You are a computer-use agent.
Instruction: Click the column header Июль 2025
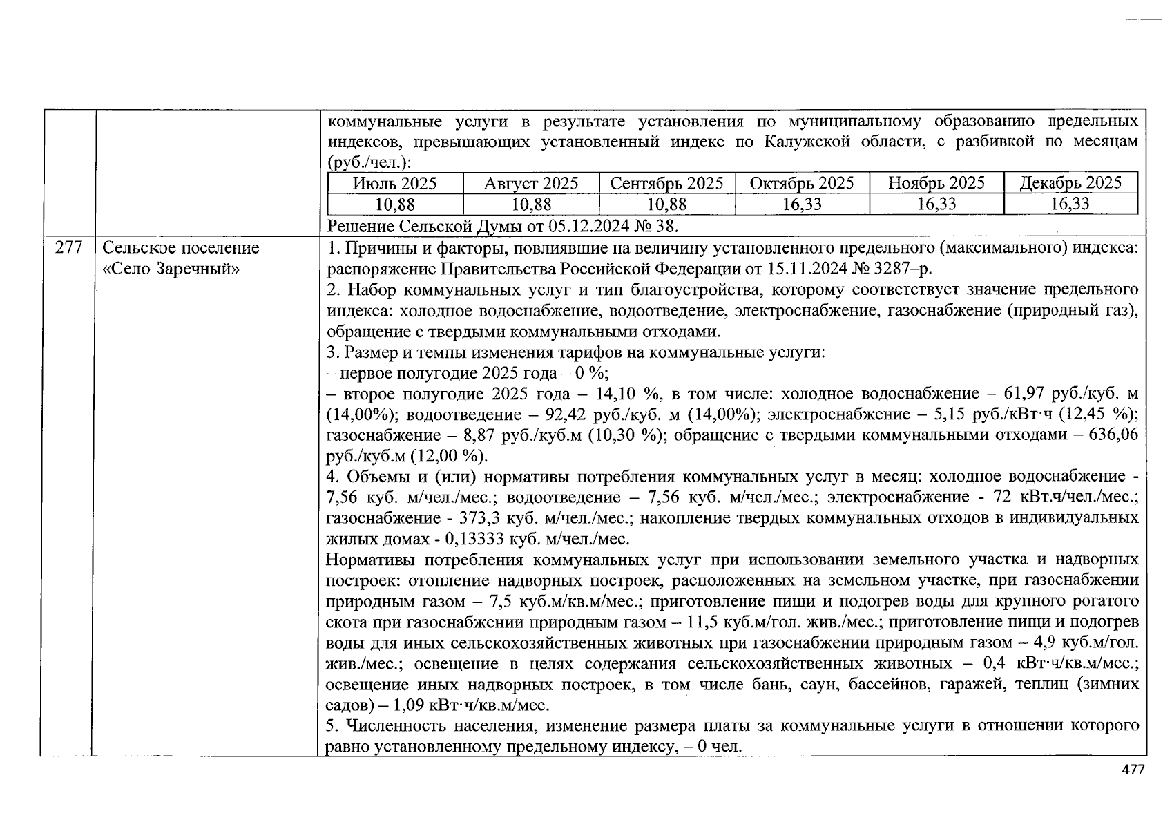coord(394,183)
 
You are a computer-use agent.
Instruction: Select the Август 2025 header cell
coord(530,183)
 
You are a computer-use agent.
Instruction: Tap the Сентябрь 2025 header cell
coord(666,183)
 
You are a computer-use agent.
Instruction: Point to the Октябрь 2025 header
coord(801,183)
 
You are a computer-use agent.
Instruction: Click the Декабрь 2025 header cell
coord(1070,183)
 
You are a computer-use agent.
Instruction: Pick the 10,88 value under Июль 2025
coord(394,204)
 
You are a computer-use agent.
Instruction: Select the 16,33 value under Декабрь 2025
coord(1070,204)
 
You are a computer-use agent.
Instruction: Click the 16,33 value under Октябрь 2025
coord(801,204)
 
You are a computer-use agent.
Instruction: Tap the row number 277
coord(68,248)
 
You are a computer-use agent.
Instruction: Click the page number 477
coord(1133,770)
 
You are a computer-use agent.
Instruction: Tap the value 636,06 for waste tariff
coord(1113,435)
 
